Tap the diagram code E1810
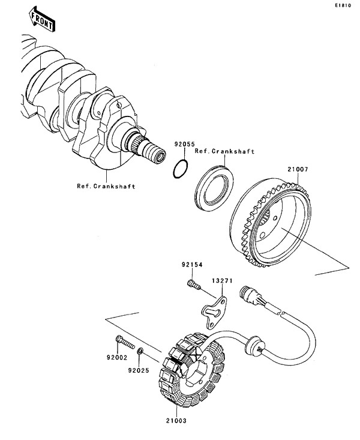[x=343, y=5]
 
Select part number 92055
[x=184, y=144]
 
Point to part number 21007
[x=298, y=169]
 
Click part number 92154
[x=192, y=264]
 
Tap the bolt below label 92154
[x=194, y=285]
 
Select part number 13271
[x=222, y=280]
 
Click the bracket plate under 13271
[x=215, y=312]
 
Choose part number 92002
[x=117, y=358]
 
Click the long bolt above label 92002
[x=125, y=342]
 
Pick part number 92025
[x=139, y=370]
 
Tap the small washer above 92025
[x=140, y=351]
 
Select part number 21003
[x=176, y=420]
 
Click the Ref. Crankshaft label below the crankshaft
[x=106, y=186]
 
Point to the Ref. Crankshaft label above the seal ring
[x=225, y=151]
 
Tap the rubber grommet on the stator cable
[x=254, y=344]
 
